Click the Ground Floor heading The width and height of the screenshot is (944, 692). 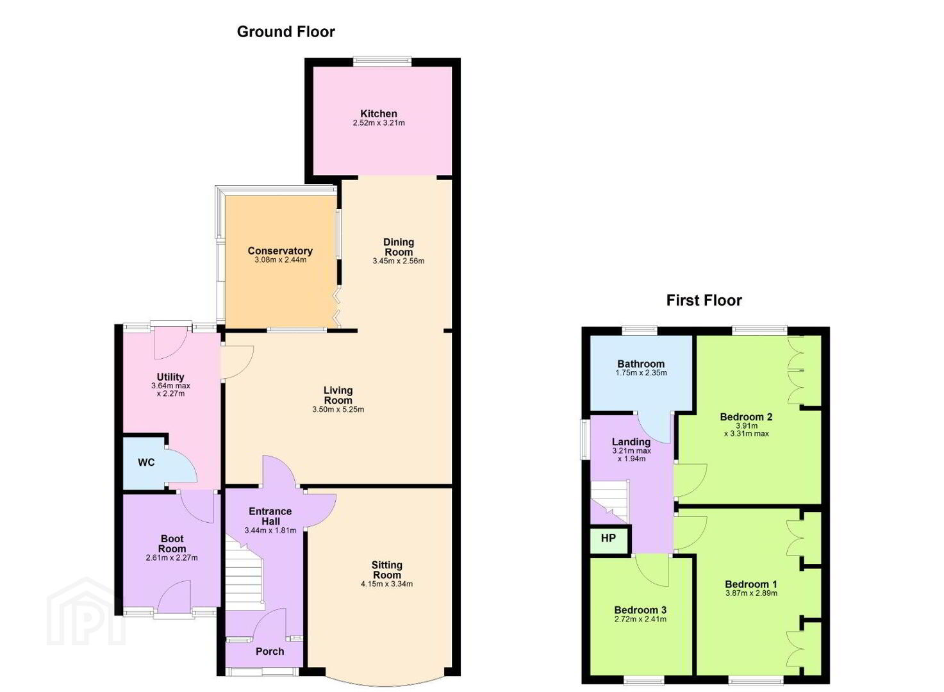pyautogui.click(x=286, y=31)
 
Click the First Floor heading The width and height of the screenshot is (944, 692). pyautogui.click(x=704, y=300)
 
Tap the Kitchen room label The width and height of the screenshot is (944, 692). pyautogui.click(x=379, y=113)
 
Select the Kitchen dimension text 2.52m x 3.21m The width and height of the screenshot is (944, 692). pyautogui.click(x=379, y=123)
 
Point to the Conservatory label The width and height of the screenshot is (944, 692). pyautogui.click(x=280, y=251)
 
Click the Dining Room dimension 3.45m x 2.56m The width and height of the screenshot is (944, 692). pyautogui.click(x=398, y=261)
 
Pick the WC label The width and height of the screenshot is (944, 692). pyautogui.click(x=146, y=463)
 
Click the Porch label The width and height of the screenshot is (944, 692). pyautogui.click(x=270, y=652)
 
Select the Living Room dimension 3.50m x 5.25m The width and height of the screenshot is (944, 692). pyautogui.click(x=338, y=409)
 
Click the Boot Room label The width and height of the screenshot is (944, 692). pyautogui.click(x=172, y=543)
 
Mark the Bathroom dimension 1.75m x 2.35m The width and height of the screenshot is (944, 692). pyautogui.click(x=641, y=372)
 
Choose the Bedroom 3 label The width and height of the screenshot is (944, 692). pyautogui.click(x=640, y=610)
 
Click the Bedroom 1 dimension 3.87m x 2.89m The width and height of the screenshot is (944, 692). pyautogui.click(x=751, y=593)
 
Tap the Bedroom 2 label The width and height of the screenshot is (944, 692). pyautogui.click(x=746, y=416)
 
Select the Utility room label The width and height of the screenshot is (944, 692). pyautogui.click(x=170, y=377)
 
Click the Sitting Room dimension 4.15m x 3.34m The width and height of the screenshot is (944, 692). pyautogui.click(x=386, y=584)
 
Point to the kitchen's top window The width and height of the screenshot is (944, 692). pyautogui.click(x=382, y=62)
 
